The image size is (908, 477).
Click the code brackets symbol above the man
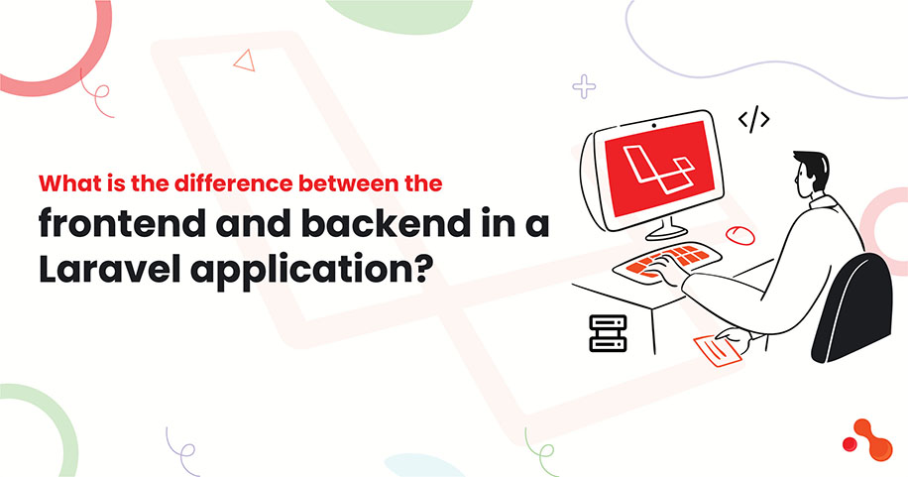point(754,121)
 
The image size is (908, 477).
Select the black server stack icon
point(608,334)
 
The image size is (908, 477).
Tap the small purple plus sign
point(584,87)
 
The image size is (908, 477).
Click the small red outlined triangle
point(243,61)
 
